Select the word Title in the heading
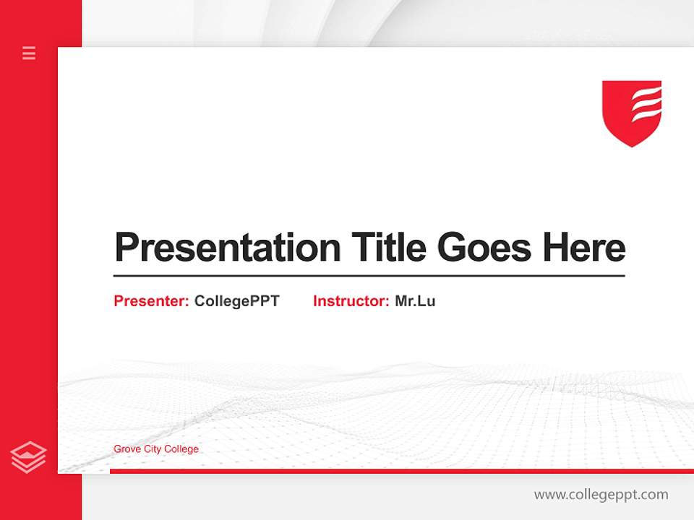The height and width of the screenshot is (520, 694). [388, 248]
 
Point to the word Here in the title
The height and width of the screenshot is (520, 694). [584, 248]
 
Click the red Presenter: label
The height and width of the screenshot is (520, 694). [152, 301]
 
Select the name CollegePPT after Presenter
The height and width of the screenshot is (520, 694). [236, 301]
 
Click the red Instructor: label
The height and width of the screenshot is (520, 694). [351, 301]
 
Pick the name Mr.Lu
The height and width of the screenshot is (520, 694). [415, 301]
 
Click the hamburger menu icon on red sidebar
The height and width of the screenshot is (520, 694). [29, 53]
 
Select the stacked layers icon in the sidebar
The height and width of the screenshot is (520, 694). [29, 457]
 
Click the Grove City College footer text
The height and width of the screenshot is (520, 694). [156, 449]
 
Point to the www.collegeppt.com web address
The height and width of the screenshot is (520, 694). [601, 495]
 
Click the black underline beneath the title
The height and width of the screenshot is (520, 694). [369, 275]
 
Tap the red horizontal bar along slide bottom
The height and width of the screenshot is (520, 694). [401, 471]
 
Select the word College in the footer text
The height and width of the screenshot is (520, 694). [181, 449]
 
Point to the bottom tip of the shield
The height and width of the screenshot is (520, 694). [632, 145]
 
